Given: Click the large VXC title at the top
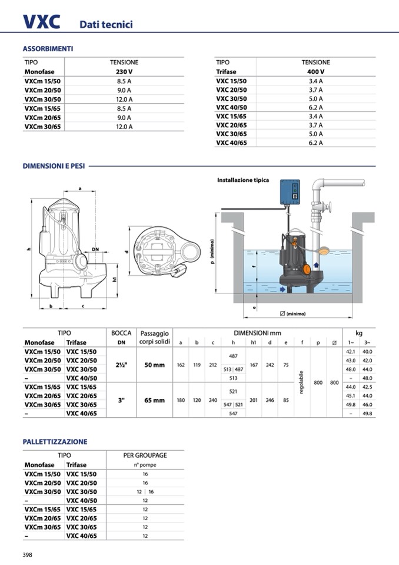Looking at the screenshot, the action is coord(41,22).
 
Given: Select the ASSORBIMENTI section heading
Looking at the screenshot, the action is coord(48,49).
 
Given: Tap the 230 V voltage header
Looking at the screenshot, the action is coord(124,72).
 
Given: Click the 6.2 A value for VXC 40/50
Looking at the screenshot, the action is coord(315,107).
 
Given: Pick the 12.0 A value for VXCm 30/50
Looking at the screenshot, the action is coord(124,100).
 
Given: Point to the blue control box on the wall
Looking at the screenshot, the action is coord(290,193).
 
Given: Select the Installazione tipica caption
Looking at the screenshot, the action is coord(243,180).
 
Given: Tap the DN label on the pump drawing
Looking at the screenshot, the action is coord(95,249).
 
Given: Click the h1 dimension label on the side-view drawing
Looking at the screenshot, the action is coord(114,279).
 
